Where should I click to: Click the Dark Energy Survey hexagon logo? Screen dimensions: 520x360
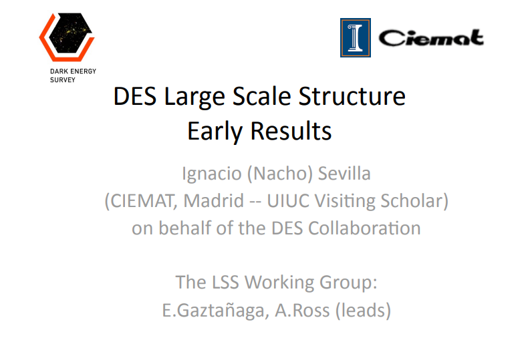click(x=67, y=37)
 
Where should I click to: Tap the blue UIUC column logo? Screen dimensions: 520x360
click(x=355, y=37)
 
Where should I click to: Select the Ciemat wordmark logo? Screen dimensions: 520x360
click(x=431, y=38)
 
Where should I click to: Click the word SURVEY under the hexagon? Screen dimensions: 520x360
click(x=63, y=80)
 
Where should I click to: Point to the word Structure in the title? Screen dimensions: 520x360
click(x=352, y=96)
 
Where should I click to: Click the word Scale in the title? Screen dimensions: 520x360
click(x=262, y=96)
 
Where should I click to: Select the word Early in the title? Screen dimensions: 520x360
click(x=215, y=132)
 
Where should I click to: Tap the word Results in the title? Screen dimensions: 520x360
click(x=291, y=131)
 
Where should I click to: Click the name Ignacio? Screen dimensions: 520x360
click(x=212, y=174)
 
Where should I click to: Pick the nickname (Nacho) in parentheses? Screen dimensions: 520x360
click(x=280, y=174)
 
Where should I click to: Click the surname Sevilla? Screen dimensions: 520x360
click(x=344, y=174)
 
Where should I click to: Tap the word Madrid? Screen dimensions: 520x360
click(x=214, y=201)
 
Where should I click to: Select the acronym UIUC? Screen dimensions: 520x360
click(x=287, y=201)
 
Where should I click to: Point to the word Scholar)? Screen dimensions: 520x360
click(x=414, y=201)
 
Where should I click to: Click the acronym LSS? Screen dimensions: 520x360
click(x=225, y=283)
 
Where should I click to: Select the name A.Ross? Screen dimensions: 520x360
click(x=302, y=311)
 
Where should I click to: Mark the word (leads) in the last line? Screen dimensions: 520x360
click(x=363, y=311)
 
